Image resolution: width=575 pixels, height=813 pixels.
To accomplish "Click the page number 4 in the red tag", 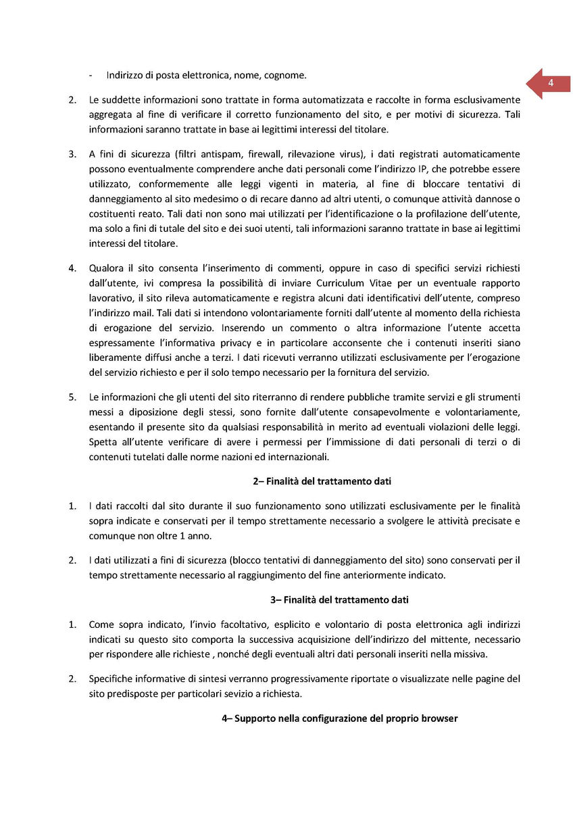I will pos(551,83).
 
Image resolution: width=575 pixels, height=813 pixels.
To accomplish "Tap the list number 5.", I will pos(72,397).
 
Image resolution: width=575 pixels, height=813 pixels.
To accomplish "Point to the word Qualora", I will pos(107,268).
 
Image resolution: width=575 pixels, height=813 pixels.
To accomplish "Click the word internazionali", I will pos(295,458).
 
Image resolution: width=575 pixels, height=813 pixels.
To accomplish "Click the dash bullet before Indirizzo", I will pos(91,74).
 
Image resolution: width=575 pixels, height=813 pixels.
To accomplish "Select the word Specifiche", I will pos(112,678).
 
